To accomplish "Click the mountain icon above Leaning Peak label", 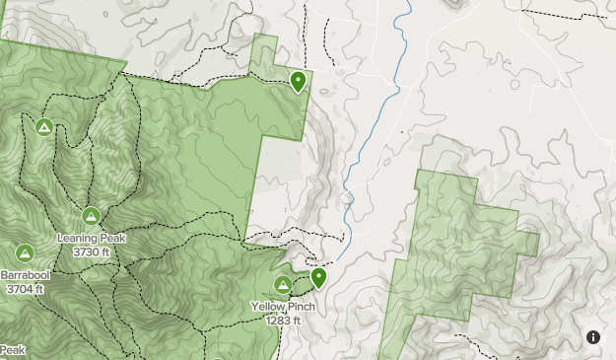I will [91, 216].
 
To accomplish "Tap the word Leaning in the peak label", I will [78, 239].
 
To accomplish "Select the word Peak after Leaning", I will [111, 239].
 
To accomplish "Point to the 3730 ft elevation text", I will [92, 252].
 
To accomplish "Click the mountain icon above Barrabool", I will [24, 253].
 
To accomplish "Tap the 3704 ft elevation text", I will [23, 289].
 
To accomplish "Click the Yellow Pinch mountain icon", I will [283, 286].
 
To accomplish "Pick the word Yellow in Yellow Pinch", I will [267, 308].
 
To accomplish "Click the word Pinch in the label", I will [300, 308].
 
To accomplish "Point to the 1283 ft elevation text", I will [283, 321].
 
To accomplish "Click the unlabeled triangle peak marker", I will [43, 127].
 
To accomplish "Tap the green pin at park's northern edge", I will [298, 81].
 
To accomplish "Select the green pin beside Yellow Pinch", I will [318, 278].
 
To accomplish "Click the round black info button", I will [593, 337].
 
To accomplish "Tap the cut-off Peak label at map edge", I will [12, 350].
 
